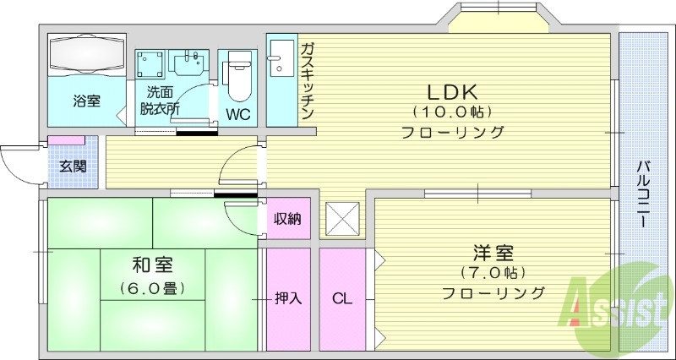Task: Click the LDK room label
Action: pos(452,91)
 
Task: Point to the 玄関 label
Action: pos(72,166)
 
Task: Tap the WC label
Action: pos(237,112)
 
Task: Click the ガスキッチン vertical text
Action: pos(308,79)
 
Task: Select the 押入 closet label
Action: pos(288,297)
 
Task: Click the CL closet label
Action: pos(341,297)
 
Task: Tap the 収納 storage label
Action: pos(287,220)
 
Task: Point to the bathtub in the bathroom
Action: pos(86,56)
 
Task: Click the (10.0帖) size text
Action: pos(452,112)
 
